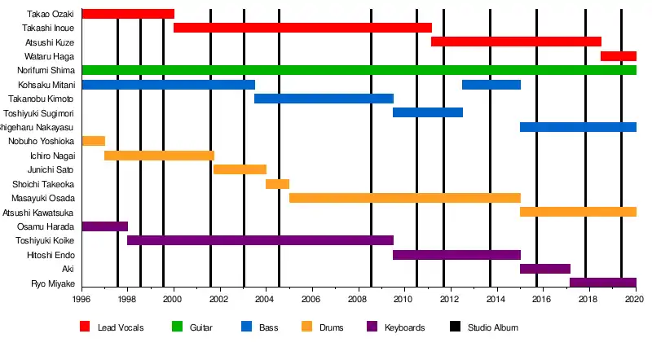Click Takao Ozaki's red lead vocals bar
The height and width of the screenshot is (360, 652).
coord(128,14)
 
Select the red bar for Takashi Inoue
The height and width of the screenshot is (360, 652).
coord(302,28)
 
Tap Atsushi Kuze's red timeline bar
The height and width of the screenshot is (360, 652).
coord(516,42)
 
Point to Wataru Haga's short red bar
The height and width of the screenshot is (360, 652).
coord(619,56)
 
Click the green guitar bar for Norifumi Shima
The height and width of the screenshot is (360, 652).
coord(359,70)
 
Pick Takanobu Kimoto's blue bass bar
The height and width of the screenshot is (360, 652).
coord(324,99)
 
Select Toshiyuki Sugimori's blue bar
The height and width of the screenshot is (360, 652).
coord(428,112)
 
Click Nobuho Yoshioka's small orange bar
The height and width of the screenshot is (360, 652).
coord(94,141)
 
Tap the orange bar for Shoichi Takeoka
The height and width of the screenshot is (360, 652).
coord(277,184)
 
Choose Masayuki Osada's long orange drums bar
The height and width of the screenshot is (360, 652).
coord(404,198)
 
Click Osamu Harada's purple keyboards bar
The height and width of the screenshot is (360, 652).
coord(105,226)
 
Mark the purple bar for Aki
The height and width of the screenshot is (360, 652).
coord(545,269)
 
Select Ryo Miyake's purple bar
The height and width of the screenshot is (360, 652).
coord(603,283)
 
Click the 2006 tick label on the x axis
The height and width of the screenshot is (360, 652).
coord(312,300)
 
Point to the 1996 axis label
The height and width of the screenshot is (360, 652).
coord(81,300)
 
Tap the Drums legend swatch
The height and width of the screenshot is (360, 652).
coord(306,327)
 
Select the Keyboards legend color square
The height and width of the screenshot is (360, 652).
coord(372,327)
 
